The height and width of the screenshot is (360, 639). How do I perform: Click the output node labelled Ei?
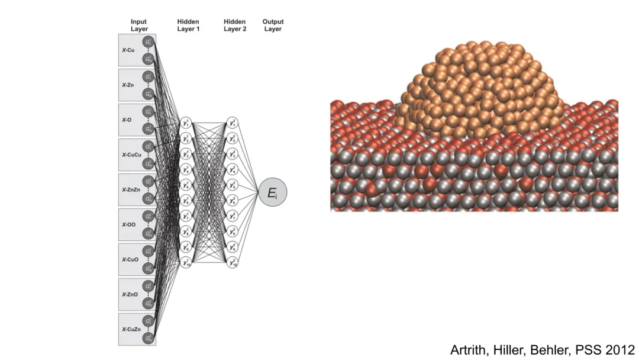(273, 192)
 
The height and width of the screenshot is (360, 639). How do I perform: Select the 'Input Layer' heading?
(139, 25)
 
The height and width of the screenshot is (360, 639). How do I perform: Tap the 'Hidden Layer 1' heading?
(188, 25)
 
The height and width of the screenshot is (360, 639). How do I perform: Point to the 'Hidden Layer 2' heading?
(235, 25)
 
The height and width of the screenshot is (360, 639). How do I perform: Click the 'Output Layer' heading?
(273, 25)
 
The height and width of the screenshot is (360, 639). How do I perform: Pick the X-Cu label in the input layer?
(128, 50)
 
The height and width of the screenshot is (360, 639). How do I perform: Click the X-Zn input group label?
(128, 85)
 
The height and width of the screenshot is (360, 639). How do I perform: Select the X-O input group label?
(127, 120)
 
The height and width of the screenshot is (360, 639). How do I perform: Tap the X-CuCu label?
(131, 155)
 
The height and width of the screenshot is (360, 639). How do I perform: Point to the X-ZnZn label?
(131, 189)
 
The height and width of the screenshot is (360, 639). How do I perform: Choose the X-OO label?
(130, 224)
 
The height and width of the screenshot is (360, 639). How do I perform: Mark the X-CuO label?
(131, 259)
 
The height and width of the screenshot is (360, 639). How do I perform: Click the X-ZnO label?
(131, 294)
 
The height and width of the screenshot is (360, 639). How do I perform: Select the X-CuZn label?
(131, 329)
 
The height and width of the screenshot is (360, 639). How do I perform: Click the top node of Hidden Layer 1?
(186, 123)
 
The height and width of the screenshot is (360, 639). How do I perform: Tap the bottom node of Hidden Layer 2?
(232, 262)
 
